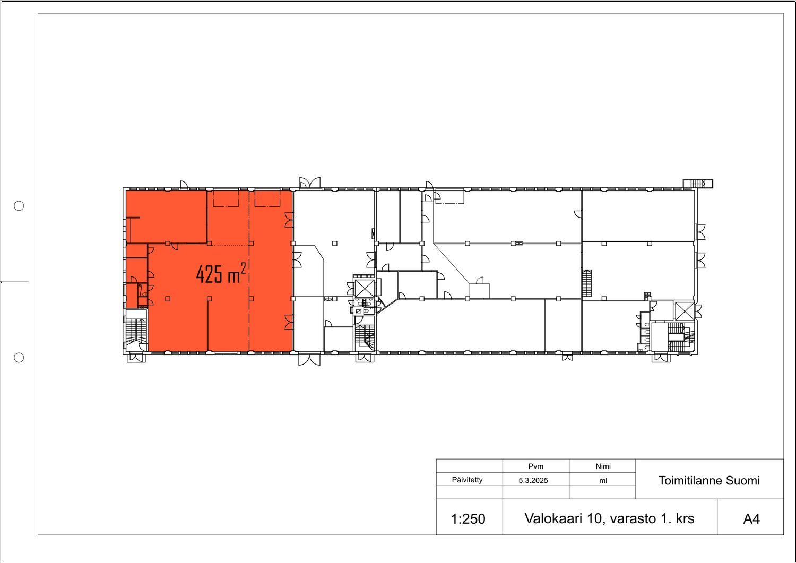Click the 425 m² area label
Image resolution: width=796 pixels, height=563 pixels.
coord(221,273)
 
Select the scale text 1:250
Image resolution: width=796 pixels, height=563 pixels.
coord(468,519)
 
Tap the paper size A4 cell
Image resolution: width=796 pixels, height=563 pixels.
coord(751,519)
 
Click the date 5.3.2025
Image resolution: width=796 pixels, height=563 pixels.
coord(533,480)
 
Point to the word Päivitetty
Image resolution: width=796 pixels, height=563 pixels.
coord(467,480)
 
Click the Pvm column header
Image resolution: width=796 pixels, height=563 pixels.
coord(535,466)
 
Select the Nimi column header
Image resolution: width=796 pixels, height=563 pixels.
coord(603,466)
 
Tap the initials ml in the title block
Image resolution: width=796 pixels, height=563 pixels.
coord(603,481)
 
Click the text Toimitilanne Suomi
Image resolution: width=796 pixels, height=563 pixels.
coord(709,481)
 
